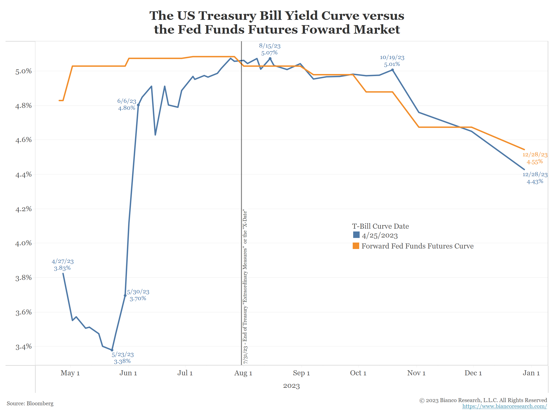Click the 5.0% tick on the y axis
tap(24, 71)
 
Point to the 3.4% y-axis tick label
tap(24, 347)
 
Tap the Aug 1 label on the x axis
tap(243, 373)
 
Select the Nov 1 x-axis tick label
tap(416, 373)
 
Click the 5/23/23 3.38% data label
tap(123, 358)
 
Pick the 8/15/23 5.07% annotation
tap(269, 49)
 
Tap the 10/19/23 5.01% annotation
tap(392, 61)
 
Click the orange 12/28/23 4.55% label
tap(535, 158)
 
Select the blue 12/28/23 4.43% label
tap(535, 178)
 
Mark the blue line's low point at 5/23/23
tap(112, 350)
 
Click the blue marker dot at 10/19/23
tap(392, 70)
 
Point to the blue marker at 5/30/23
tap(125, 295)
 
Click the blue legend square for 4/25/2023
tap(356, 235)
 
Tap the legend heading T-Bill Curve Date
tap(380, 226)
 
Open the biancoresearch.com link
tap(504, 406)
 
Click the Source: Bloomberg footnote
tap(30, 403)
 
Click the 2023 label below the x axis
tap(291, 386)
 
